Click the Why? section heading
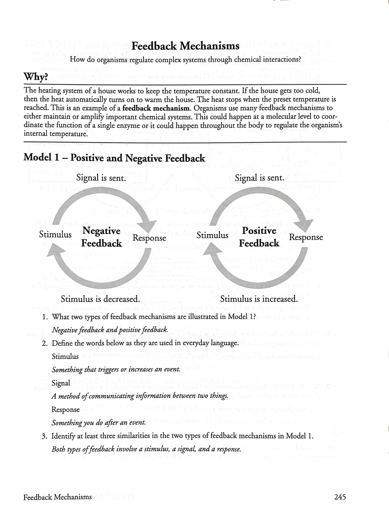(x=36, y=77)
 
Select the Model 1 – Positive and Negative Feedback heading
(x=114, y=158)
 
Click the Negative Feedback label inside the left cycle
(x=101, y=237)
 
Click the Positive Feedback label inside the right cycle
(x=259, y=237)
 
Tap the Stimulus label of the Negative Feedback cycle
(x=55, y=234)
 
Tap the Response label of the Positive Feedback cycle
(x=306, y=237)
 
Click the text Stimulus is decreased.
(x=100, y=298)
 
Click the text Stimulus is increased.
(x=259, y=298)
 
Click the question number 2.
(x=45, y=343)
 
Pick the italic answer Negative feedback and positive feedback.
(x=110, y=330)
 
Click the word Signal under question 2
(x=61, y=383)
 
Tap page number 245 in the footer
(x=340, y=496)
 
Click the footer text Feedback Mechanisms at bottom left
(x=57, y=497)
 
